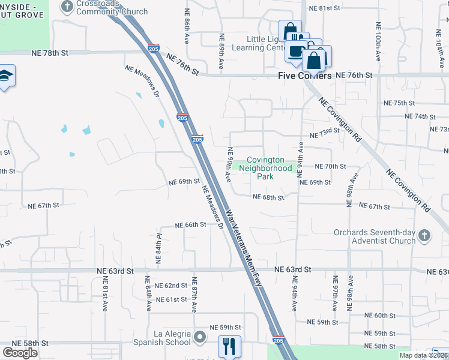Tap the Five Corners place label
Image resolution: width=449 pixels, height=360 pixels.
(305, 76)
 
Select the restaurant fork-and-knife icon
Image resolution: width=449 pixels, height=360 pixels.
(229, 346)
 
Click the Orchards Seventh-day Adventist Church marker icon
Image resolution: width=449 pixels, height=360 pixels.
(424, 235)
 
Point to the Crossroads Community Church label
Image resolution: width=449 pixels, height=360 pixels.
(112, 8)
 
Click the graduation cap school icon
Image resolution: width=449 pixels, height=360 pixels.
(5, 76)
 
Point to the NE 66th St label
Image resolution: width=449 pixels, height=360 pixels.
(190, 224)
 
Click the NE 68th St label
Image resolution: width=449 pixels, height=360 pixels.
(268, 197)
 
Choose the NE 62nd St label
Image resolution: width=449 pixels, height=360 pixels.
(171, 286)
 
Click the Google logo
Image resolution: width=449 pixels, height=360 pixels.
(20, 353)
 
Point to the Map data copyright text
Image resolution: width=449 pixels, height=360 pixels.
(424, 355)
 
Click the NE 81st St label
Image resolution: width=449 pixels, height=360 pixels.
(324, 8)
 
